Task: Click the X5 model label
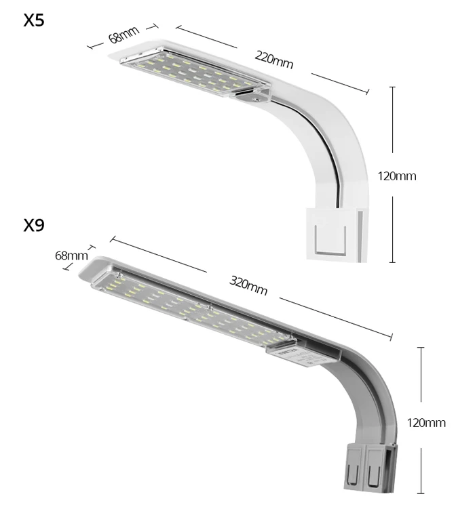coord(34,20)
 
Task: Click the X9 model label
coord(34,225)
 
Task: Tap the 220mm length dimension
coord(273,60)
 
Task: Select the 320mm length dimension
coord(248,285)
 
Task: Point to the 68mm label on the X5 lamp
coord(123,34)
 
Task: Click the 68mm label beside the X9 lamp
coord(71,255)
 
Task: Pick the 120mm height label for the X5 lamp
coord(397,176)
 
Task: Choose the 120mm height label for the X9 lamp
coord(426,423)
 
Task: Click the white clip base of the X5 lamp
coord(337,234)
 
